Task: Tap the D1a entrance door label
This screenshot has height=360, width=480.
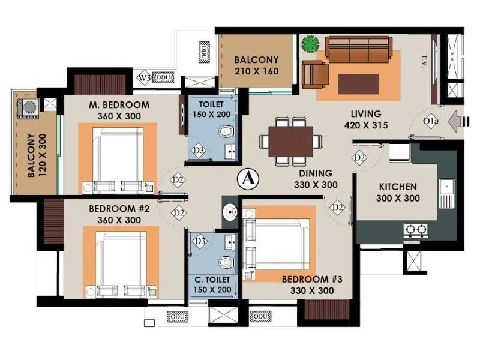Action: (x=429, y=122)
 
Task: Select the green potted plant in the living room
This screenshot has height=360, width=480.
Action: (x=310, y=44)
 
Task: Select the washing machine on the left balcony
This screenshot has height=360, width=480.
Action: (x=27, y=109)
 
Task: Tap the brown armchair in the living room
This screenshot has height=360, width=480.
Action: (x=316, y=74)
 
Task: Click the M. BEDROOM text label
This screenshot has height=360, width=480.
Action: (x=119, y=104)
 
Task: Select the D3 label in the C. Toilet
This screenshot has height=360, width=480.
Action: (x=200, y=241)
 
